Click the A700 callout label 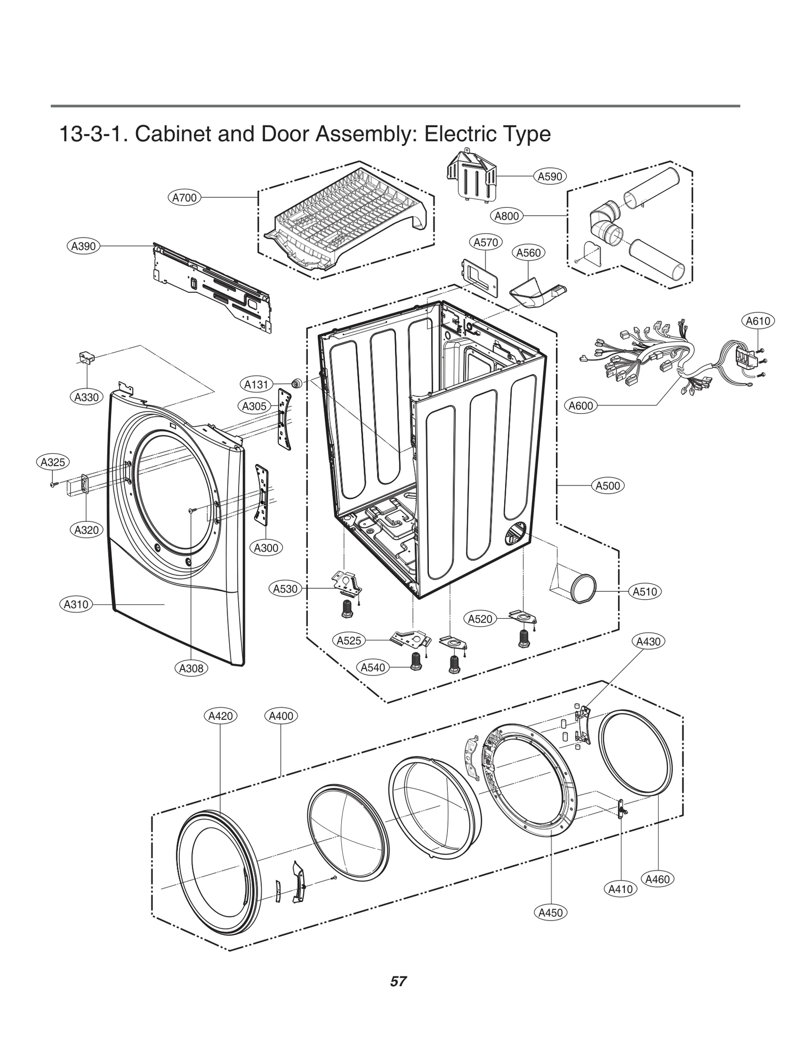(x=184, y=198)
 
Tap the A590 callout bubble (x=550, y=176)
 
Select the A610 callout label (x=758, y=321)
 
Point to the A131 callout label (x=256, y=385)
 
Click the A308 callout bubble (x=191, y=668)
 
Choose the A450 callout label (x=550, y=912)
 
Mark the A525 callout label (x=349, y=641)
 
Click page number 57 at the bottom (x=398, y=981)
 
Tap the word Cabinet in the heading (x=173, y=134)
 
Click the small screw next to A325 (x=52, y=484)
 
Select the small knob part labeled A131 (x=297, y=383)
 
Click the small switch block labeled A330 (x=86, y=357)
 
